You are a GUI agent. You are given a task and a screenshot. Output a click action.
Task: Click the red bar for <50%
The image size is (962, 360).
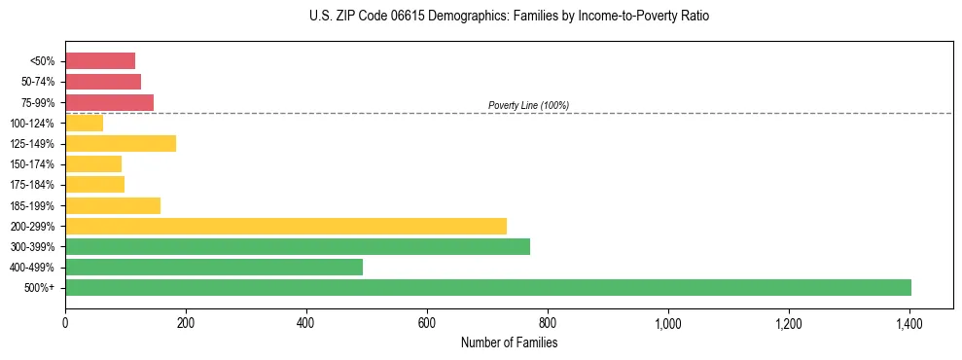click(x=100, y=61)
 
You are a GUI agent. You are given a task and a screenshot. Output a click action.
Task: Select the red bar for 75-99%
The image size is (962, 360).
click(x=109, y=102)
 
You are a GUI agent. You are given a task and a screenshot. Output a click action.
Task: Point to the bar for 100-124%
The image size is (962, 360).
click(x=84, y=123)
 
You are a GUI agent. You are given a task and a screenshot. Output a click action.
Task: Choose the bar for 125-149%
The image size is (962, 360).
click(x=121, y=143)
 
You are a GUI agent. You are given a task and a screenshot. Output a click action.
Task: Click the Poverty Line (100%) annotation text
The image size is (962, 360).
click(x=528, y=105)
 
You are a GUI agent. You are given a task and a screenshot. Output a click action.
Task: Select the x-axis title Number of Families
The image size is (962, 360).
click(x=509, y=342)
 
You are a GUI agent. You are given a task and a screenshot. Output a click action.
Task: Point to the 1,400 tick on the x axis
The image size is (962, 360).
click(x=909, y=322)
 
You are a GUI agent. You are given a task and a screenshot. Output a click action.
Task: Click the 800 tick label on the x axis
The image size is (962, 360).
click(x=548, y=322)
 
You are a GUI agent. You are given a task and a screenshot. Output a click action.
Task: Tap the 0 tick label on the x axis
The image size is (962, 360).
click(x=65, y=322)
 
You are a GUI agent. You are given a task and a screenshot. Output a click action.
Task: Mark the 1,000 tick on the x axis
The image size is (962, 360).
click(x=668, y=322)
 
